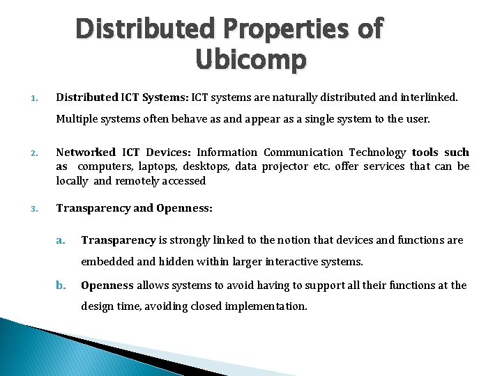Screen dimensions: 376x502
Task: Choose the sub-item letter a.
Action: pyautogui.click(x=61, y=240)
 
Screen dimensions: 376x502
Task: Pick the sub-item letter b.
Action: pyautogui.click(x=61, y=285)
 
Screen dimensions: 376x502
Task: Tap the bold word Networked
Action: pyautogui.click(x=86, y=152)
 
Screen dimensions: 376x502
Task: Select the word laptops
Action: pyautogui.click(x=157, y=166)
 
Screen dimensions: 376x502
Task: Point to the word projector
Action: pyautogui.click(x=284, y=166)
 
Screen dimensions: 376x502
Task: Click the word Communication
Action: pyautogui.click(x=303, y=152)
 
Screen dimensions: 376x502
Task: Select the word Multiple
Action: pyautogui.click(x=77, y=119)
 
